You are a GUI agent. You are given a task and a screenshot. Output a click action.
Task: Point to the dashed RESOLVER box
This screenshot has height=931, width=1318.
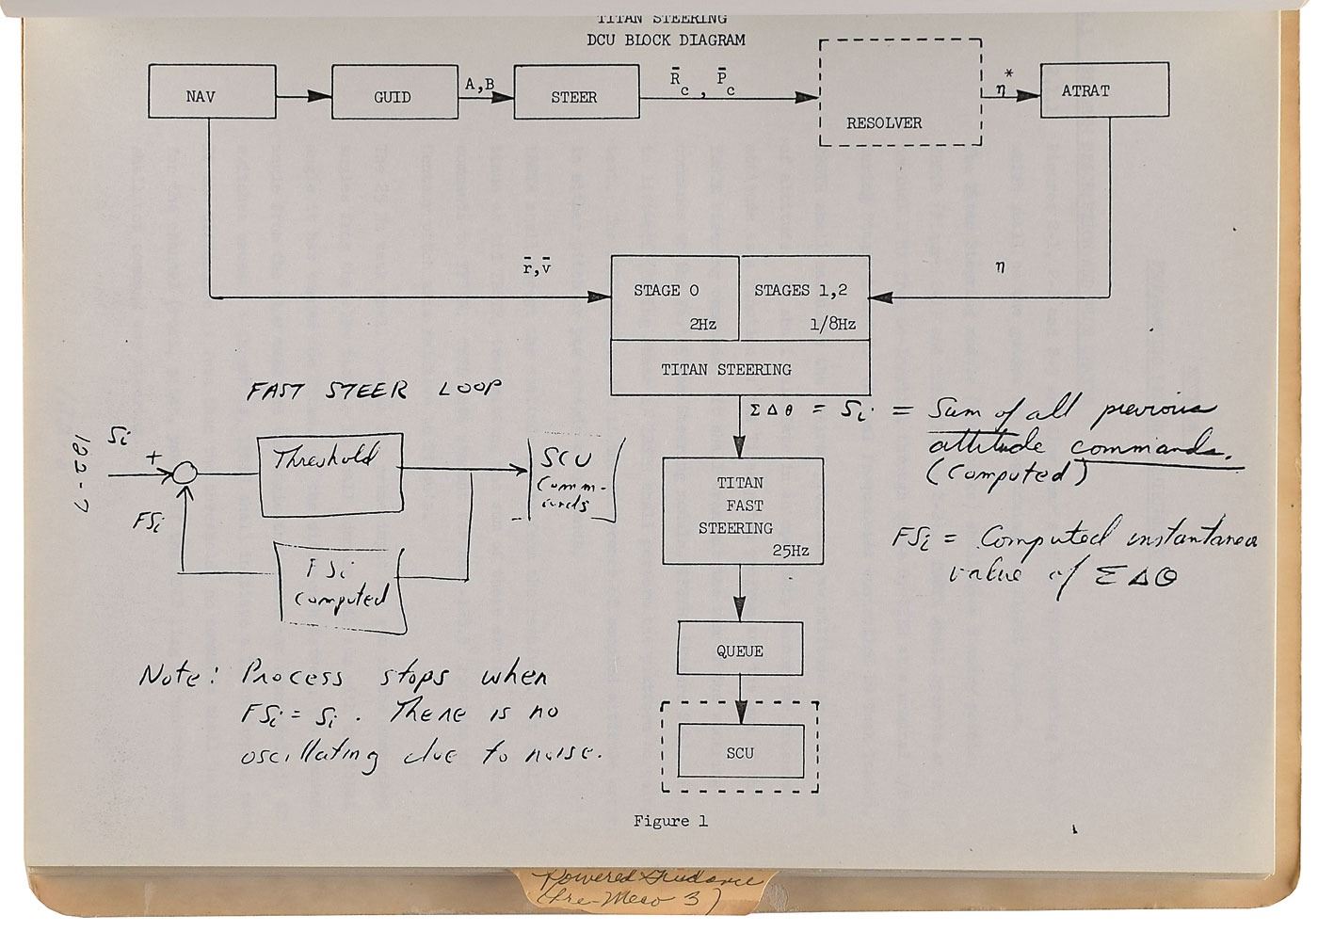[900, 92]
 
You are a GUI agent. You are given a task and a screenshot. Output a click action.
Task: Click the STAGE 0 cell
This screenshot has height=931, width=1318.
[674, 297]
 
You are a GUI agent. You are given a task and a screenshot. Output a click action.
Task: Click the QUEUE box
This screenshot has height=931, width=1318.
[740, 650]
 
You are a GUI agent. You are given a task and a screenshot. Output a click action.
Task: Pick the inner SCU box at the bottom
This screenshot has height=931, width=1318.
[740, 752]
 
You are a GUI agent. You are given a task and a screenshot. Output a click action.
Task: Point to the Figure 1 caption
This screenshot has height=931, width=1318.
[670, 821]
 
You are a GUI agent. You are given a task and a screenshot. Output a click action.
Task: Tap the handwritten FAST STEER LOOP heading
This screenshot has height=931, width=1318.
[373, 391]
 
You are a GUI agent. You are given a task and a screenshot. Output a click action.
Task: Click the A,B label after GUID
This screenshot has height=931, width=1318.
[480, 84]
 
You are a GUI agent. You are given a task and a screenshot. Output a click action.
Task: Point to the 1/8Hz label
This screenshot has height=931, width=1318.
[831, 324]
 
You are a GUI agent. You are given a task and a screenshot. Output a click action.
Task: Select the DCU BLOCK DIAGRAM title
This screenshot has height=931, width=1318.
[665, 40]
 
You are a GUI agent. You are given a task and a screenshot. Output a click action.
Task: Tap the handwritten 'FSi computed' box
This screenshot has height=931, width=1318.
[341, 587]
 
